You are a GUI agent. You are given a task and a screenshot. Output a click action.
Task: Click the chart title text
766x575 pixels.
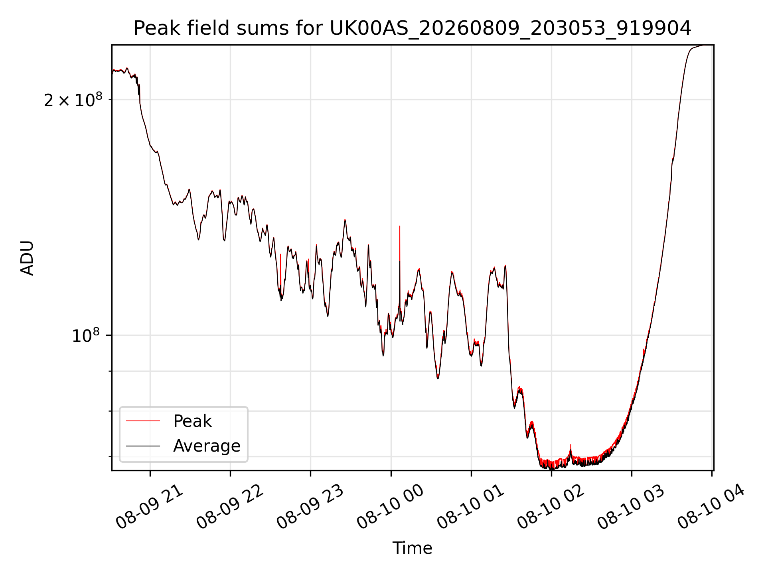(x=412, y=28)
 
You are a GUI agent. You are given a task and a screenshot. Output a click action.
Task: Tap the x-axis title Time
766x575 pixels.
(x=412, y=548)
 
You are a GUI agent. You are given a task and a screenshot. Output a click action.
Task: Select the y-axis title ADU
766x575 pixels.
(x=27, y=258)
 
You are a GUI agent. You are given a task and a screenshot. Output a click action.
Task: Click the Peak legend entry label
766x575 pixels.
(x=192, y=421)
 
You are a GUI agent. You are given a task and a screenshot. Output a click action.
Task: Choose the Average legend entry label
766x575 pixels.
(x=207, y=446)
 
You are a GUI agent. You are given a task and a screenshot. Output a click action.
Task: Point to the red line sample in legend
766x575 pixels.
(x=143, y=421)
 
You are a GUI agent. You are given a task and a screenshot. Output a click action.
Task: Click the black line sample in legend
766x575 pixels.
(x=143, y=446)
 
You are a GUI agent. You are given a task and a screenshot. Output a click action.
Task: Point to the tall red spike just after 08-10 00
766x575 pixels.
(x=399, y=244)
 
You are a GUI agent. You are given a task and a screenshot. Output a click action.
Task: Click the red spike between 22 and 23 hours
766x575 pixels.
(x=280, y=272)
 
